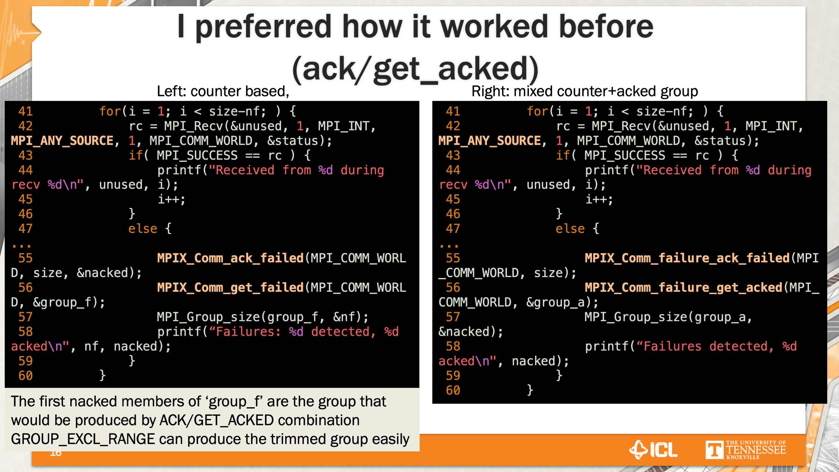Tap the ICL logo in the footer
(653, 450)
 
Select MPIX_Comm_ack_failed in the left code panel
(230, 258)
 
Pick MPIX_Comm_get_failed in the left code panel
(230, 287)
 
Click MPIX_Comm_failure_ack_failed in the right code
(687, 258)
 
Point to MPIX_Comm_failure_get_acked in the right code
(683, 287)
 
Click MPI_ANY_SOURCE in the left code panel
(62, 141)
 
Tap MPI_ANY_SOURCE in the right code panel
(490, 141)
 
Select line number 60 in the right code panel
(453, 390)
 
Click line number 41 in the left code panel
(25, 111)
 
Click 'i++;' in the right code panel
(599, 199)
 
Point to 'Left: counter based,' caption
(223, 91)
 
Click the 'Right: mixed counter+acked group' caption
(585, 91)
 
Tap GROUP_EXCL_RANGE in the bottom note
(83, 439)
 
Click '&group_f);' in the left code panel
(69, 302)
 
